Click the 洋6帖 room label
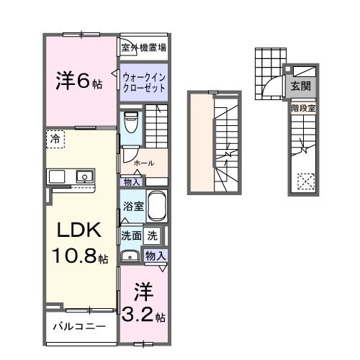tap(79, 81)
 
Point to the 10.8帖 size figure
tap(79, 257)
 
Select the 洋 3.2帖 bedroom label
tap(144, 305)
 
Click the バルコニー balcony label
tap(79, 326)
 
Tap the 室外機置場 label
tap(144, 48)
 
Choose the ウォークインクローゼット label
tap(144, 81)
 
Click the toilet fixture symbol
tap(130, 122)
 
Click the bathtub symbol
tap(157, 207)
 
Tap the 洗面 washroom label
tap(130, 235)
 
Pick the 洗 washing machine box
tap(153, 235)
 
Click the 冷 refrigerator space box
tap(55, 138)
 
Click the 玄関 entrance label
tap(302, 86)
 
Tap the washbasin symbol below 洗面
tap(130, 255)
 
